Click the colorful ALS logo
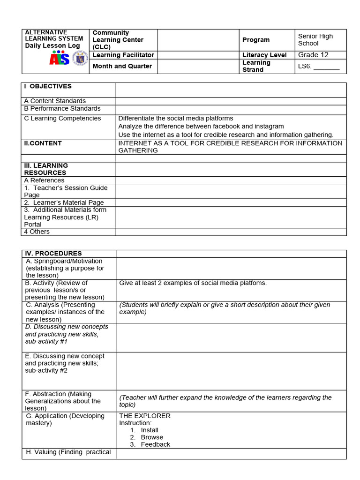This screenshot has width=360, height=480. point(59,59)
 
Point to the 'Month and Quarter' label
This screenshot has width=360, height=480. point(122,66)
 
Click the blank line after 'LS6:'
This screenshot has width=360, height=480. point(326,67)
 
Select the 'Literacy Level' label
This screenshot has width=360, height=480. point(264,55)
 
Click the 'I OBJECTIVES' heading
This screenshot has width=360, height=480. point(48,86)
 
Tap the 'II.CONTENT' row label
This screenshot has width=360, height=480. point(43,143)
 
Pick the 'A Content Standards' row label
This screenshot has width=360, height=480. point(55,101)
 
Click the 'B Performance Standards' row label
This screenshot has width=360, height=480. point(62,108)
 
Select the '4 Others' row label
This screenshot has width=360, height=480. point(37,232)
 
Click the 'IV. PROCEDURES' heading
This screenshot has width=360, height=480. point(53,253)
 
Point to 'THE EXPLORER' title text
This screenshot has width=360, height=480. point(145,416)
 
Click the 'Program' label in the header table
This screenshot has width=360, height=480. point(256,40)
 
